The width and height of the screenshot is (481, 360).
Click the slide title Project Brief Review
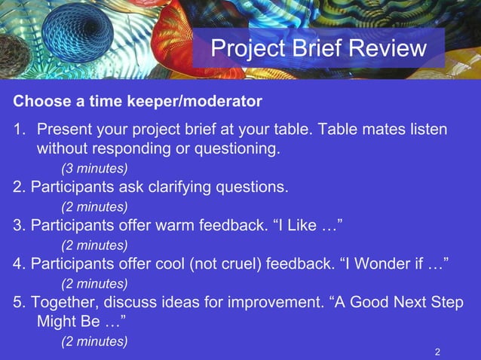tap(318, 48)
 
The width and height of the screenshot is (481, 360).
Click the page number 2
tap(438, 352)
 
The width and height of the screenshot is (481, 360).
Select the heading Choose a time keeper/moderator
tap(138, 101)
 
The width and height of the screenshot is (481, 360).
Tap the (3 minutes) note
tap(94, 166)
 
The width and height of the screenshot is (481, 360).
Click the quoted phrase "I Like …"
tap(311, 225)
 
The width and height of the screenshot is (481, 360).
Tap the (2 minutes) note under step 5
tap(94, 341)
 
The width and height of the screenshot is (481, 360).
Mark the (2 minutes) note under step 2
tap(94, 206)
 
